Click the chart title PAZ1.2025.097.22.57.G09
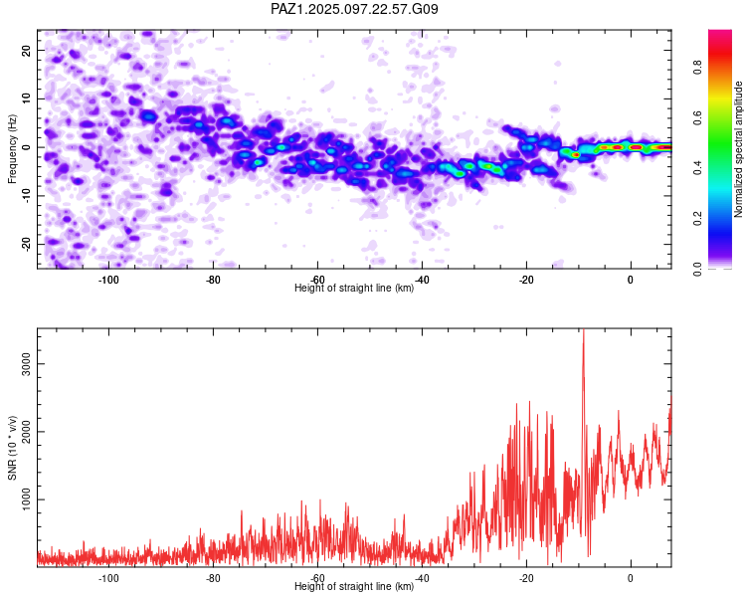354,9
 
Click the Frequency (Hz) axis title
12,149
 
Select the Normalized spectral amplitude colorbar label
738,149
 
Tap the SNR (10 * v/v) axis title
12,448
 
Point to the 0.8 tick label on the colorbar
697,68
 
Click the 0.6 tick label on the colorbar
697,117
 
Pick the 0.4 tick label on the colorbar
697,167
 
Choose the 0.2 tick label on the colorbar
697,218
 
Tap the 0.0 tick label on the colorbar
697,269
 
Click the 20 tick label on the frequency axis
26,50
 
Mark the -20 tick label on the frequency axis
26,244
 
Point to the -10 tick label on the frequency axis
26,196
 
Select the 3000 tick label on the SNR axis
26,364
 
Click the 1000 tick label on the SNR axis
26,499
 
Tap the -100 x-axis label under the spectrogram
108,280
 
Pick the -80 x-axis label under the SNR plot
213,578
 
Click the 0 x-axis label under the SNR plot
631,578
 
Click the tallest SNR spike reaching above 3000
583,333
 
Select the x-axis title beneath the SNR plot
354,586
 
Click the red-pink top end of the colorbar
720,33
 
